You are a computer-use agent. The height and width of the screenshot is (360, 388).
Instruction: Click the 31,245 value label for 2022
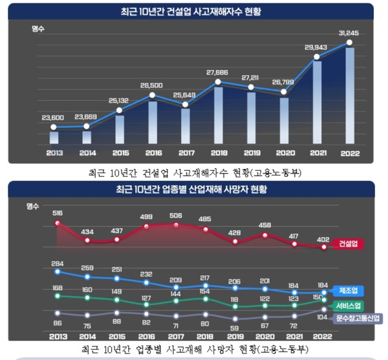click(349, 33)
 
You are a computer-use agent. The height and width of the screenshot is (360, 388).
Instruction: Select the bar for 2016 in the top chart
click(152, 122)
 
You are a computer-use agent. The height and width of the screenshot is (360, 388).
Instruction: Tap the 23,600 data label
click(53, 117)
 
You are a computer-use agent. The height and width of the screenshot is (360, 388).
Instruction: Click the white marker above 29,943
click(317, 58)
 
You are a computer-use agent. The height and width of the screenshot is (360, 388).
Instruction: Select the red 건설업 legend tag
click(350, 245)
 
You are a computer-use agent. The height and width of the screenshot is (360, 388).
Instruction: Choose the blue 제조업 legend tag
click(350, 289)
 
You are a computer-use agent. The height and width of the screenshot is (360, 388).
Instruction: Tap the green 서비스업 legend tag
click(350, 305)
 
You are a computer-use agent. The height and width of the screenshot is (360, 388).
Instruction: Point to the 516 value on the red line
click(58, 212)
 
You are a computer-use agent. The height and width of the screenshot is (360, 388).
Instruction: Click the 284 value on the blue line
click(58, 264)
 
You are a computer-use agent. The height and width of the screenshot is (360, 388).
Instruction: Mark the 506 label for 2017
click(176, 216)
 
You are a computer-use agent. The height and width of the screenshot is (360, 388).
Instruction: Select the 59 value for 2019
click(235, 328)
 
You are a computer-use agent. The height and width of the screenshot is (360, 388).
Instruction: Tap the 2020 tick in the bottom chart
click(265, 337)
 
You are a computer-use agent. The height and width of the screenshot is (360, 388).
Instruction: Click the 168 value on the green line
click(58, 287)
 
